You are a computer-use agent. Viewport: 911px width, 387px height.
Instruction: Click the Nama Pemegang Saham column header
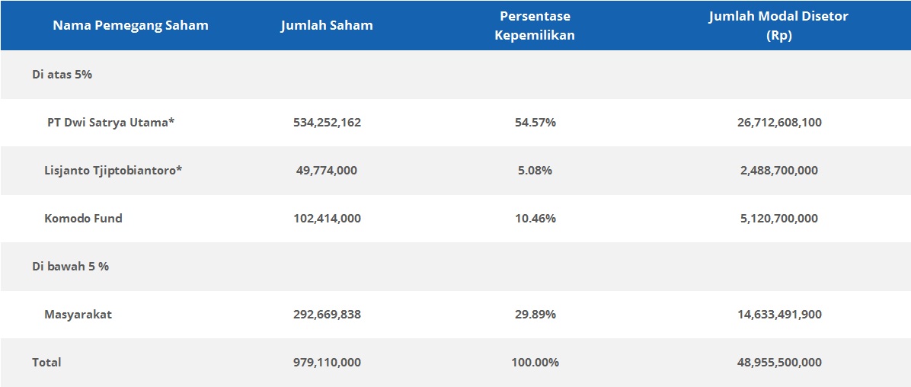tap(130, 25)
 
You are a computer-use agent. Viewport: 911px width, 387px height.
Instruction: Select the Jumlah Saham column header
tap(327, 25)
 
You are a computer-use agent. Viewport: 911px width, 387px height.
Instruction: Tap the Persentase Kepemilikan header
tap(534, 25)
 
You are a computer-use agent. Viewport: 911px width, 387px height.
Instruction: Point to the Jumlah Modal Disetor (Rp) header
tap(778, 25)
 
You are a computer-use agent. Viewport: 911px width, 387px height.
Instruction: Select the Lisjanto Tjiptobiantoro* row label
tap(113, 170)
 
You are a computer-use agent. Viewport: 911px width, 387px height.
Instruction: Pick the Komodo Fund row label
tap(83, 218)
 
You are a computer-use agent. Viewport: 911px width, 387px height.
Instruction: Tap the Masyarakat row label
tap(78, 314)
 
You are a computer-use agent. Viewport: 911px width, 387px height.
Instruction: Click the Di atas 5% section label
tap(62, 75)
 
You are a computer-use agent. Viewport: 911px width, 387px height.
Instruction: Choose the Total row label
tap(46, 362)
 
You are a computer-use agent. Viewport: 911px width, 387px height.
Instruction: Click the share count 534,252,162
tap(327, 122)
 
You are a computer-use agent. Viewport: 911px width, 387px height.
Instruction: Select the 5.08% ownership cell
tap(534, 170)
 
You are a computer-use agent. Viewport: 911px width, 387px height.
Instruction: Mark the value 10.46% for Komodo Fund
tap(534, 218)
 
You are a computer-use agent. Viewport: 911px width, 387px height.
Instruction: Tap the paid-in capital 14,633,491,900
tap(778, 314)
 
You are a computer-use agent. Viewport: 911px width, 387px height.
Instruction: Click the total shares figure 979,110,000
tap(327, 362)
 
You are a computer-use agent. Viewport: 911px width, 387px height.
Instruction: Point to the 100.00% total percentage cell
tap(534, 362)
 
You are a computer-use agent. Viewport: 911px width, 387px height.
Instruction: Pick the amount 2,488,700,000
tap(778, 170)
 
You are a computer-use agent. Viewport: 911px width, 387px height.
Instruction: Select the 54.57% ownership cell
tap(534, 122)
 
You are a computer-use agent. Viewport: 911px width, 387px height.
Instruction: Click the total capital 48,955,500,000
tap(778, 362)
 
